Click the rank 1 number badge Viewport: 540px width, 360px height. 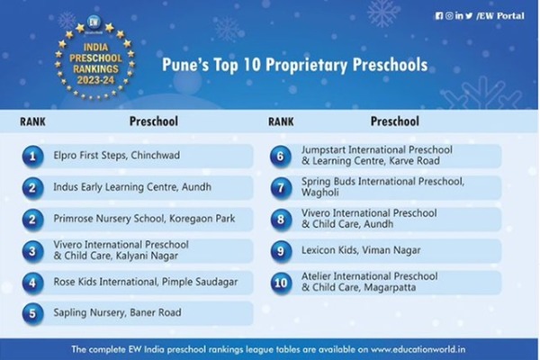point(32,157)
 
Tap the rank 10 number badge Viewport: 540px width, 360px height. point(281,283)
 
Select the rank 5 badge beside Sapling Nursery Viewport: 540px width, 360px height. point(32,313)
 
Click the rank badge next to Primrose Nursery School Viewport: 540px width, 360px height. point(32,220)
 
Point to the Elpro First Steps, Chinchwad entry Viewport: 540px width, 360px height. point(116,156)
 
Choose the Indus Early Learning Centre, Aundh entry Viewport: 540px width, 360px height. point(132,187)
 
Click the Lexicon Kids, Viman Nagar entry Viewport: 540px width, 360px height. point(361,250)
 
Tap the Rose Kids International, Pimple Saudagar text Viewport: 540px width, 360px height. point(145,282)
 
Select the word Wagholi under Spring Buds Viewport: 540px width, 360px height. point(319,193)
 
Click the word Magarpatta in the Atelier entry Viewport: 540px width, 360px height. point(390,287)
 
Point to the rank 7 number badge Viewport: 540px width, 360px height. point(281,188)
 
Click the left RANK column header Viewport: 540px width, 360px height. point(32,121)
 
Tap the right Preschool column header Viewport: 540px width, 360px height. point(395,121)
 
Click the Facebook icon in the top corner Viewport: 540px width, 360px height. point(439,16)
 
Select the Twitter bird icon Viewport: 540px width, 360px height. point(469,16)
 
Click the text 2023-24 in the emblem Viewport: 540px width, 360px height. point(95,80)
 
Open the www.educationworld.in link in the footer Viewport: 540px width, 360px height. point(418,349)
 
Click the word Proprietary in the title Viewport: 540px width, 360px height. point(307,65)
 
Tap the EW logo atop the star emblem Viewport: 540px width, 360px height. point(94,22)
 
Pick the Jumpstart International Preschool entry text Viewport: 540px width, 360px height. point(377,156)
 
